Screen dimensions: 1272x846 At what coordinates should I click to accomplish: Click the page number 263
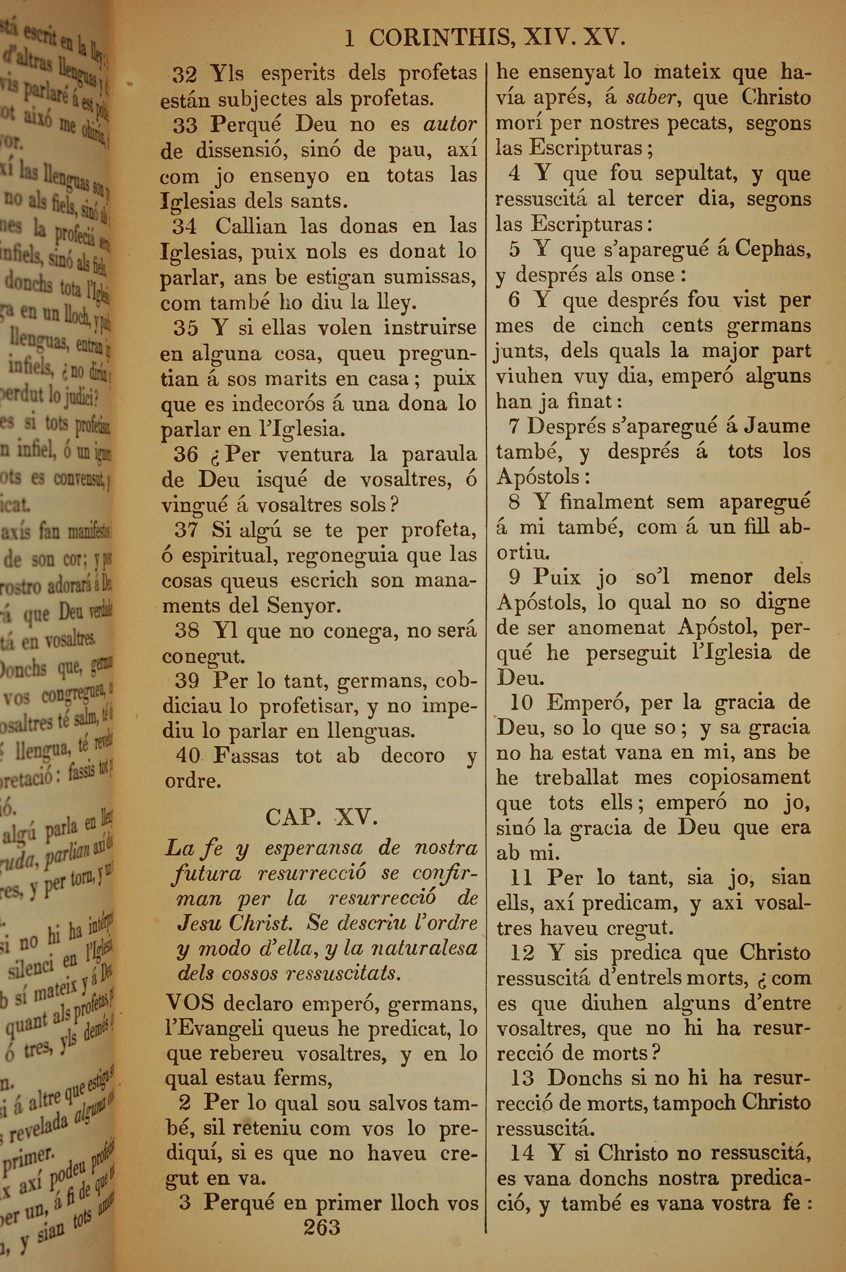(321, 1227)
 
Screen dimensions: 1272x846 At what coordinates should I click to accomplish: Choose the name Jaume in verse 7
(777, 427)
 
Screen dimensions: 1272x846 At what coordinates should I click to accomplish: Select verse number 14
(522, 1153)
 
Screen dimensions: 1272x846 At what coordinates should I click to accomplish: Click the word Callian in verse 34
(251, 227)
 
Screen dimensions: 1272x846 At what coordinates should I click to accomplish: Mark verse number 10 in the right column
(521, 702)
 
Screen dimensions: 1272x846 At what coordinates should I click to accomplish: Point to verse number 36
(186, 455)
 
